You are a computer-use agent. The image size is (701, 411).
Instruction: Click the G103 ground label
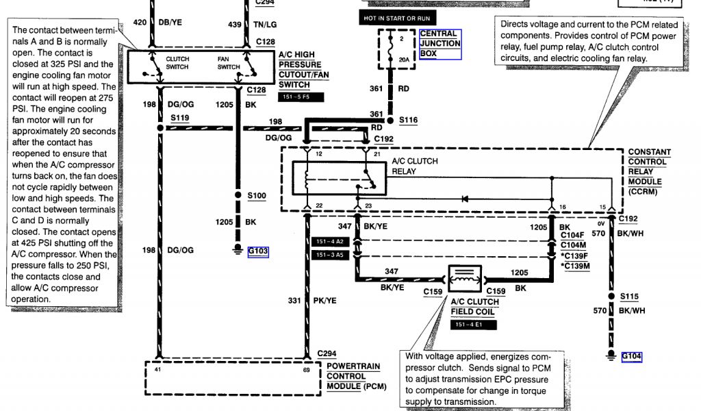(257, 251)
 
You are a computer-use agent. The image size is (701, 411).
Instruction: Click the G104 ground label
(632, 356)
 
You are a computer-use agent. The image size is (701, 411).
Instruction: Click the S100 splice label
(256, 196)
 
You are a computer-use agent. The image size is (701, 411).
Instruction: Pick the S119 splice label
(180, 118)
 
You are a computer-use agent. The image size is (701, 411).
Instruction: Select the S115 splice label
(629, 296)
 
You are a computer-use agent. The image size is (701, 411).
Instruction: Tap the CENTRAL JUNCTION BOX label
(439, 43)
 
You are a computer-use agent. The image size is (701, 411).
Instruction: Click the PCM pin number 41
(157, 369)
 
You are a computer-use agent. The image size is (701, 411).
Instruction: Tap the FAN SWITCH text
(228, 63)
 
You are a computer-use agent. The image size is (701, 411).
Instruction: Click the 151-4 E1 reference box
(468, 324)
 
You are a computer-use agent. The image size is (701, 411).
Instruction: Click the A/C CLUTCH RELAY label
(414, 166)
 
